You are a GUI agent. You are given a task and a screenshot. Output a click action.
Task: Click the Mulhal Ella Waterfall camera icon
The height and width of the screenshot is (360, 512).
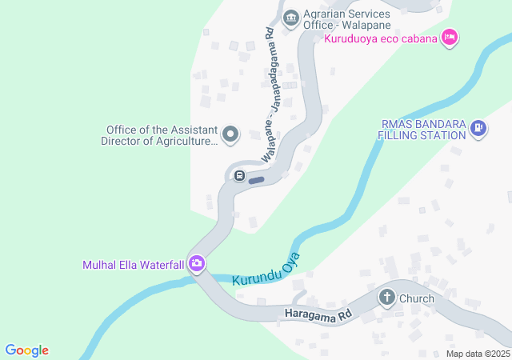[197, 264]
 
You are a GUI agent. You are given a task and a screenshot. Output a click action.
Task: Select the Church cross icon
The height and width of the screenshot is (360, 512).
[387, 299]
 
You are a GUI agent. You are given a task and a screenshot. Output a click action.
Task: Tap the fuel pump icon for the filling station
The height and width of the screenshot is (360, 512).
[478, 128]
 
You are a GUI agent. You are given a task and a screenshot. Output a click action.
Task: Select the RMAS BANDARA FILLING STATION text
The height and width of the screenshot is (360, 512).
[422, 130]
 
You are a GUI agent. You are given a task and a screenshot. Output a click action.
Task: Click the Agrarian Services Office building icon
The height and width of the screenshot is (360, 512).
[290, 16]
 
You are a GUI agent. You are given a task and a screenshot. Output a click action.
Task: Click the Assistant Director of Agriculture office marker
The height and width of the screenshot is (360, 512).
[230, 134]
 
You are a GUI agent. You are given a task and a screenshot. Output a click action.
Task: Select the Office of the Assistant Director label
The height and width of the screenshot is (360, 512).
[159, 135]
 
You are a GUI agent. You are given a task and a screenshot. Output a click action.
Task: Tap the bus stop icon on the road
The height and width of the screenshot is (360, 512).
[239, 176]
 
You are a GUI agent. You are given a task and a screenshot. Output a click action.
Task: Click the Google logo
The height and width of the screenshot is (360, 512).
[26, 350]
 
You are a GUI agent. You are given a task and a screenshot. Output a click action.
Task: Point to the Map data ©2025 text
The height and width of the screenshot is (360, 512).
[478, 354]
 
